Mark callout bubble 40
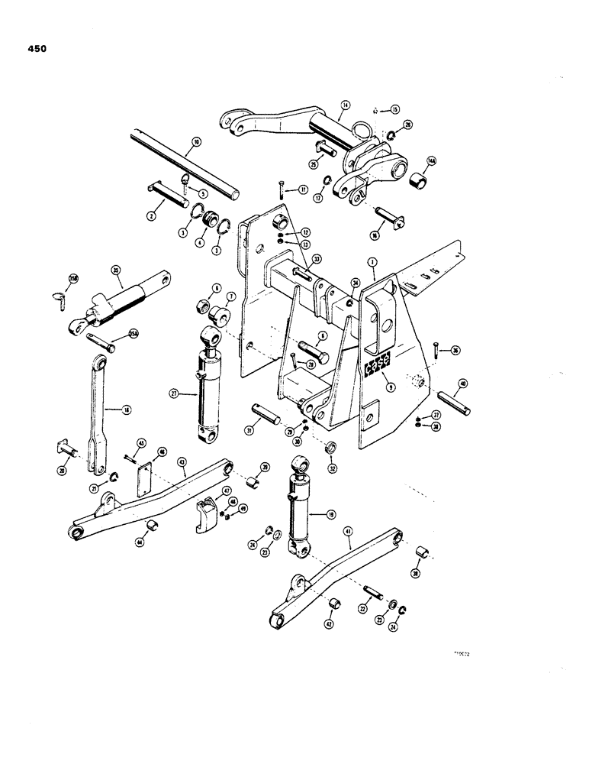462,384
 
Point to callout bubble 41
349,546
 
